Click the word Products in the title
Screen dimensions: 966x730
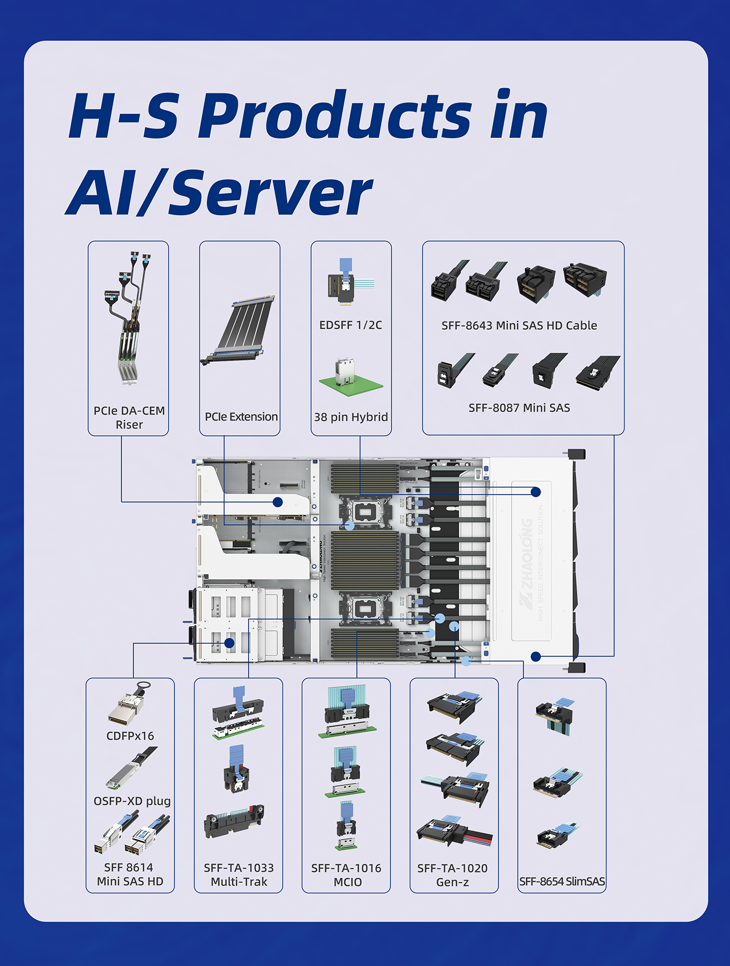coord(335,116)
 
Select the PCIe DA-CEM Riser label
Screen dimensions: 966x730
coord(129,418)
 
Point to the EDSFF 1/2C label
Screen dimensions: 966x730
coord(351,325)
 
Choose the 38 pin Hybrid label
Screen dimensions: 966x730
coord(351,417)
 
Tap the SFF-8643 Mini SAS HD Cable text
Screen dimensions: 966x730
coord(519,326)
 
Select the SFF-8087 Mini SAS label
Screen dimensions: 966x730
coord(519,408)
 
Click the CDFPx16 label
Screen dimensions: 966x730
coord(130,736)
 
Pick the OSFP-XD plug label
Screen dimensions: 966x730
coord(132,801)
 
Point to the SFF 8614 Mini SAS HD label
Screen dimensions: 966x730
coord(130,875)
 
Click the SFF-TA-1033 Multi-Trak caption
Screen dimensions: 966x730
coord(239,875)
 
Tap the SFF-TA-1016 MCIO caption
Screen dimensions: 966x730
coord(346,875)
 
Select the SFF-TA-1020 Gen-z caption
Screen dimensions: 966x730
coord(452,875)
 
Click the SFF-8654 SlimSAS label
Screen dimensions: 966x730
coord(562,881)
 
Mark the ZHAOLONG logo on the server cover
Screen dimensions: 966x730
coord(526,564)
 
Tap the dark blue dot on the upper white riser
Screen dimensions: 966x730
coord(278,502)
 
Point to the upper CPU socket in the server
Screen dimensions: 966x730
coord(364,512)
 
